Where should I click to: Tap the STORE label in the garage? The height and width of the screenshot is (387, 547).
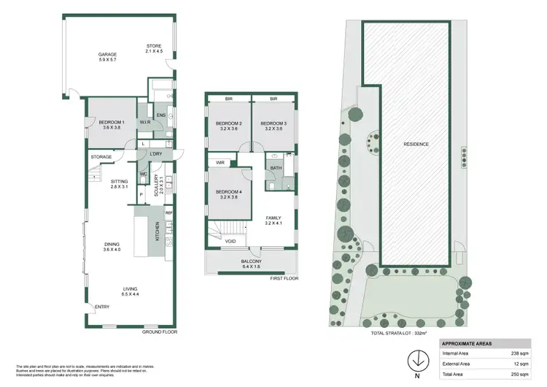tap(153, 47)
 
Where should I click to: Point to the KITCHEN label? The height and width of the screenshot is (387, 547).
tap(157, 232)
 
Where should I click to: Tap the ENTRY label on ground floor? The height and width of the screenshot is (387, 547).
tap(101, 306)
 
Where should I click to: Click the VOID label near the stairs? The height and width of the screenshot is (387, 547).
tap(230, 241)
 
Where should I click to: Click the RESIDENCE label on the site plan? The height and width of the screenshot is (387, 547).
tap(416, 144)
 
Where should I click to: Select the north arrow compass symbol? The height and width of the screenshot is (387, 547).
tap(417, 362)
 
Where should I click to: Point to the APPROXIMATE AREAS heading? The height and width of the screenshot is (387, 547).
tap(467, 342)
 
